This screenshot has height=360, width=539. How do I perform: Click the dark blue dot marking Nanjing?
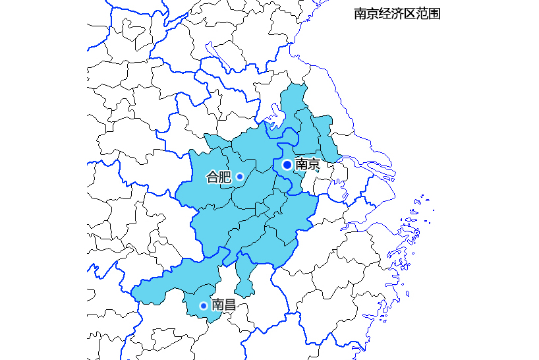287,164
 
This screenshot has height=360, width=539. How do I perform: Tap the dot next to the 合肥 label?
240,177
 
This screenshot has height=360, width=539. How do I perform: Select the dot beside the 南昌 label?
203,305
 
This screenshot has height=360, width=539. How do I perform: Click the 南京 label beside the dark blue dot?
307,164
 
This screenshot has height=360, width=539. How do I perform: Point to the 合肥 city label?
219,177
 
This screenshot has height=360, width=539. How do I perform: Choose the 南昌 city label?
223,305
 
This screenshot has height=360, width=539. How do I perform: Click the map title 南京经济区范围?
397,14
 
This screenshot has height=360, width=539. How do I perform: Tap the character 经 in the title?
385,14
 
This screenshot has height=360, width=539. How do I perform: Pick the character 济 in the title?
397,14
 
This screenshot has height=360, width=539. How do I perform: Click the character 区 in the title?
409,14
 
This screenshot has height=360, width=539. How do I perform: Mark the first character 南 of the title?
360,14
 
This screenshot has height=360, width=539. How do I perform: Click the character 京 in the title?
372,14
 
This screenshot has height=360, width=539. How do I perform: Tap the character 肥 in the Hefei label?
225,177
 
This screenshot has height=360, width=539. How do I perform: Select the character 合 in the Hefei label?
213,177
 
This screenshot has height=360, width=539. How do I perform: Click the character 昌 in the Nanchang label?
230,305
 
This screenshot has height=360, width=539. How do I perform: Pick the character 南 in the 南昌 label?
217,305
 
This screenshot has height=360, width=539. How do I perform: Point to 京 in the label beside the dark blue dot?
314,164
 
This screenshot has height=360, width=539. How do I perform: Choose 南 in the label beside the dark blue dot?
301,164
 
